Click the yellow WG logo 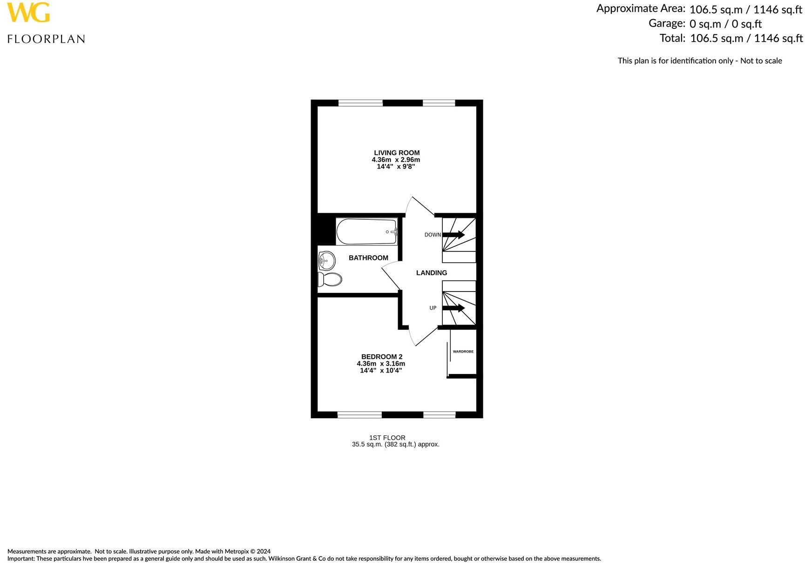coord(28,13)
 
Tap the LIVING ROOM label coord(397,153)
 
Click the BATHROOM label coord(368,258)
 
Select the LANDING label coord(432,273)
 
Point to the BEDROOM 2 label coord(382,357)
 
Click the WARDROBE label coord(463,352)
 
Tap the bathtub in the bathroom coord(366,231)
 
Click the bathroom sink coord(326,260)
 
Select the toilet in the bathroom coord(330,279)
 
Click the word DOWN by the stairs coord(433,235)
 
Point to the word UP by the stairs coord(433,308)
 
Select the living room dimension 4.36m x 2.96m coord(396,160)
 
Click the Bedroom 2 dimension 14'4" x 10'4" coord(381,371)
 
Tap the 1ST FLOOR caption coord(387,438)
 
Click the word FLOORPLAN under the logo coord(46,39)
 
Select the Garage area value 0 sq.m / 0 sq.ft coord(725,24)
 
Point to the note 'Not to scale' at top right coord(761,61)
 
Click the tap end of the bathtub coord(392,231)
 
